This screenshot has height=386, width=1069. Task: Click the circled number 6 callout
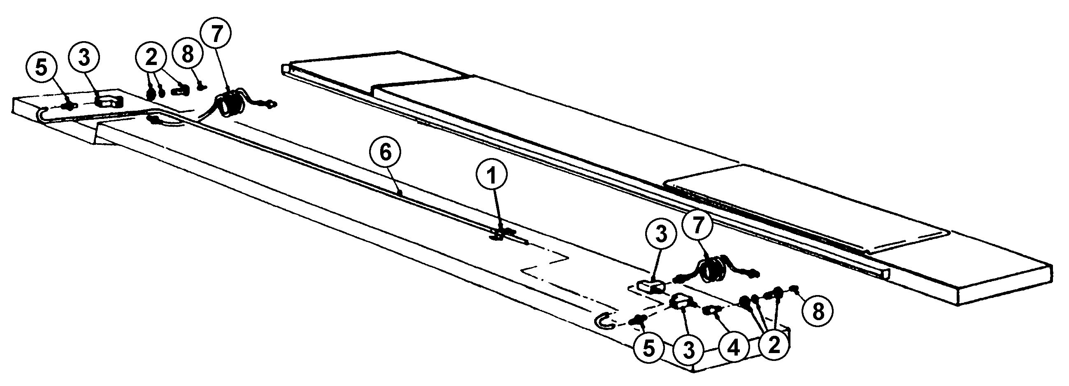click(x=386, y=153)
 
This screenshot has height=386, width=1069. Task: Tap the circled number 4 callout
click(x=734, y=349)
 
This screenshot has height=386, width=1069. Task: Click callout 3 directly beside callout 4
click(x=689, y=351)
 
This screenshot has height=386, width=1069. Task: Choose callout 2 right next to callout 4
click(x=774, y=345)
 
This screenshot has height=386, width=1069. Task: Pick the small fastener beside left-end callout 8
click(x=202, y=86)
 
